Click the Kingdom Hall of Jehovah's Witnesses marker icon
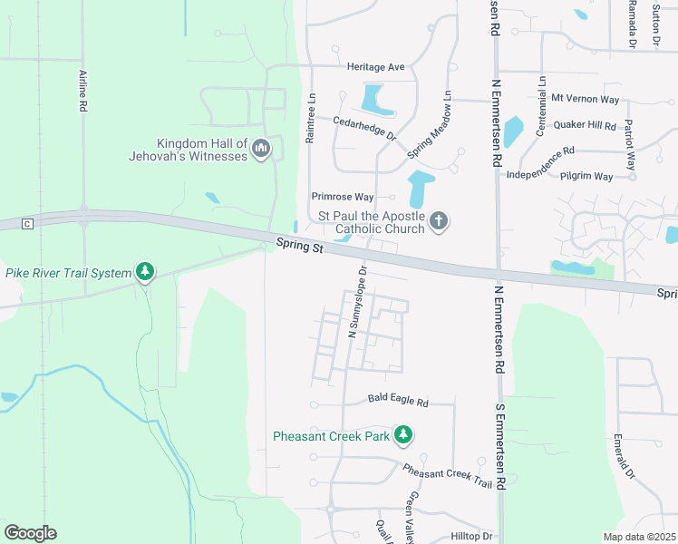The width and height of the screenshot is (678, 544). [262, 149]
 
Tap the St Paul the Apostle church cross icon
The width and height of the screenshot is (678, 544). [439, 221]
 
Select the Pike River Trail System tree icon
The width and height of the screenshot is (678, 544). [145, 271]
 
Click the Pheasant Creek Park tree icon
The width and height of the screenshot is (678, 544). [403, 436]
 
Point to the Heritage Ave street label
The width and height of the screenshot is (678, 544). [375, 67]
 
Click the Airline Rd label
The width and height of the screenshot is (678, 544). [82, 91]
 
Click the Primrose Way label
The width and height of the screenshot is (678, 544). [343, 196]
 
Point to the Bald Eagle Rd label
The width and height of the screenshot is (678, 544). [398, 400]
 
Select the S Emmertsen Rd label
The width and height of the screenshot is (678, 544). [499, 445]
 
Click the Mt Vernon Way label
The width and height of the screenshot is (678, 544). [585, 98]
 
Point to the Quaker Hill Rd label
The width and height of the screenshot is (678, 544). [585, 126]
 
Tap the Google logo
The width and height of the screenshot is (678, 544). [30, 533]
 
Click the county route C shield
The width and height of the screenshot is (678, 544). [27, 224]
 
